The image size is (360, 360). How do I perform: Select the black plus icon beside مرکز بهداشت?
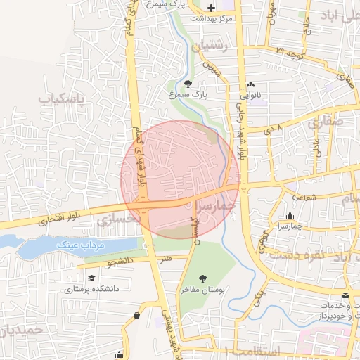[x=212, y=6]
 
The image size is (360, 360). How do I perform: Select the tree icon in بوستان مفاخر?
[x=203, y=279]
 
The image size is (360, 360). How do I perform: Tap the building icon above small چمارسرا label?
[x=290, y=215]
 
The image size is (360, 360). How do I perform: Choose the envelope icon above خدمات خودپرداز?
[x=345, y=295]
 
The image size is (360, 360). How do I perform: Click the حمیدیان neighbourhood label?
[x=20, y=329]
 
